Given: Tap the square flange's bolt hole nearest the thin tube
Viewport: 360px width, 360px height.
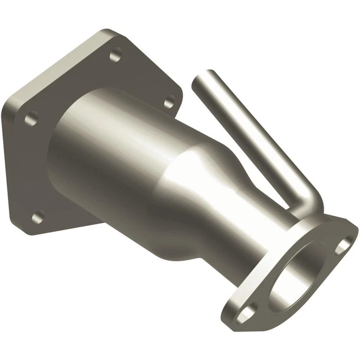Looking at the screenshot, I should (x=170, y=100).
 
